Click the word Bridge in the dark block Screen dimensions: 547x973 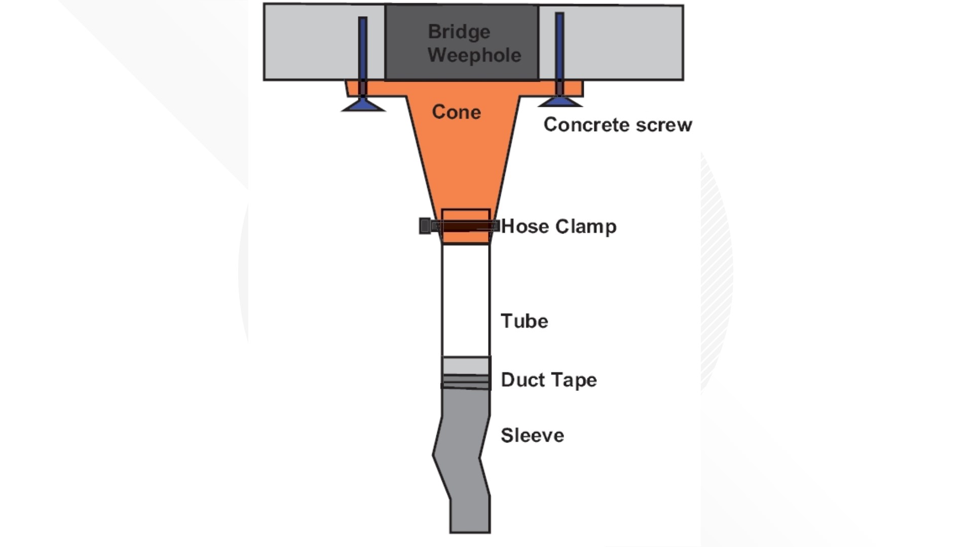click(459, 32)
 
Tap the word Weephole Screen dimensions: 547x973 click(474, 55)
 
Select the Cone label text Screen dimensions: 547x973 click(456, 112)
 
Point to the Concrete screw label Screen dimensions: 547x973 click(617, 125)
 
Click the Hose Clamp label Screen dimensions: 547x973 click(558, 226)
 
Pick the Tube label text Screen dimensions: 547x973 click(524, 321)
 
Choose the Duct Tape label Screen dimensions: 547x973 click(548, 380)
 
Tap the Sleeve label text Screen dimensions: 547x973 click(532, 436)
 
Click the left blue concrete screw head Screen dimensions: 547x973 click(363, 105)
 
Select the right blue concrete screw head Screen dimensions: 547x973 click(559, 102)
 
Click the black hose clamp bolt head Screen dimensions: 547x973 click(425, 226)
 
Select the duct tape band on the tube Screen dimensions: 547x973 click(466, 374)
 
